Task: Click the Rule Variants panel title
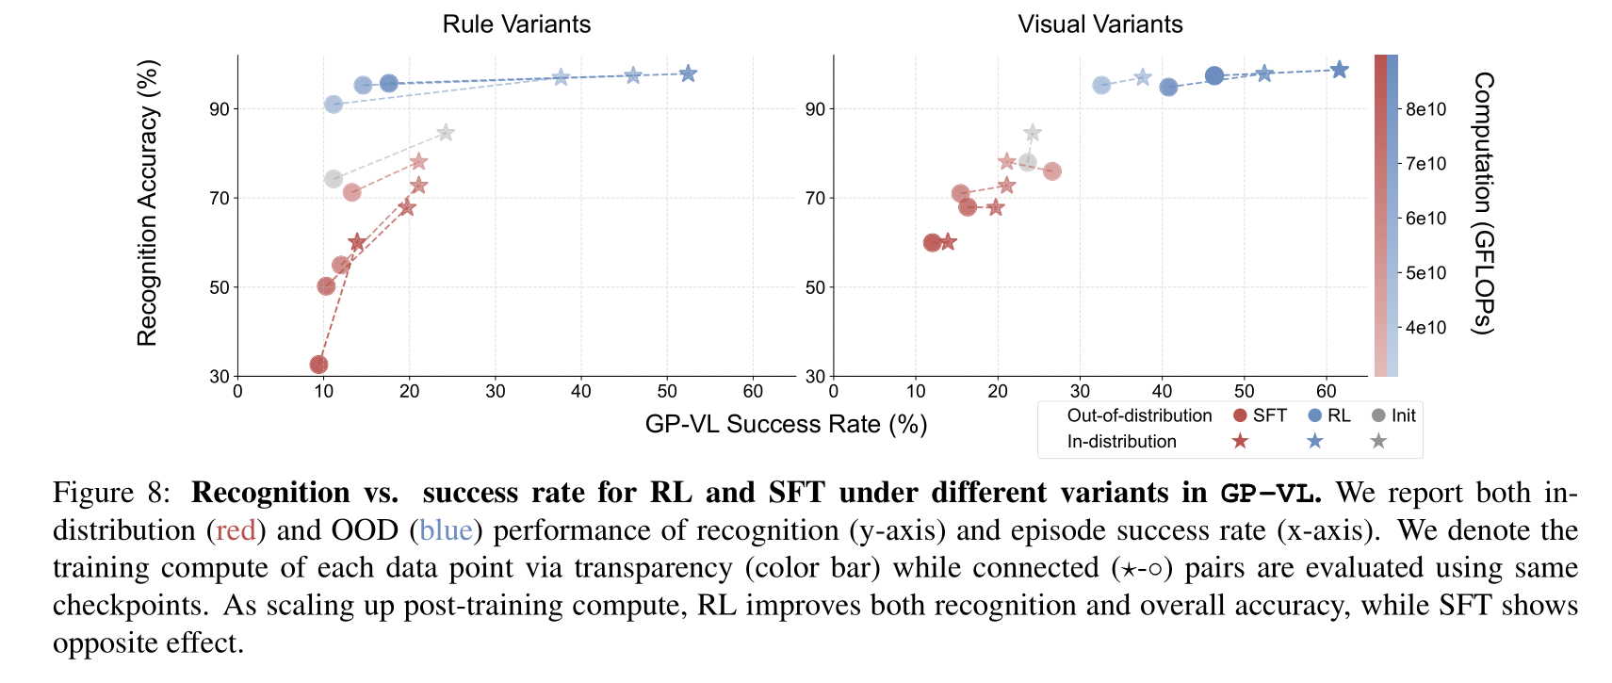coord(516,24)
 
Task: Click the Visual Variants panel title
coord(1099,24)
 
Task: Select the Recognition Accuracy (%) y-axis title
coord(148,203)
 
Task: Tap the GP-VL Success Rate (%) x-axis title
coord(786,424)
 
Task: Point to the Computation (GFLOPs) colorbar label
coord(1483,203)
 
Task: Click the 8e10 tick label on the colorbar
coord(1425,109)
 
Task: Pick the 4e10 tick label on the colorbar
coord(1425,328)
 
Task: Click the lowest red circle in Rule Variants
coord(318,365)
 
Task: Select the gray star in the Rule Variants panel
coord(446,133)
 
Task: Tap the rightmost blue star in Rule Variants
coord(688,73)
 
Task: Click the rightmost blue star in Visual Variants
coord(1339,70)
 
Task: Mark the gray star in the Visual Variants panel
coord(1033,133)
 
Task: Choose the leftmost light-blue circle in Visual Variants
coord(1101,86)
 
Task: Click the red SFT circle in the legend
coord(1240,415)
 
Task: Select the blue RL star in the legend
coord(1315,441)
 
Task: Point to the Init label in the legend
coord(1403,415)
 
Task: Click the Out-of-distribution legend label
coord(1139,415)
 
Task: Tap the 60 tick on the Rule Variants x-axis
coord(753,391)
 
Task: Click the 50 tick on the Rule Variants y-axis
coord(220,287)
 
